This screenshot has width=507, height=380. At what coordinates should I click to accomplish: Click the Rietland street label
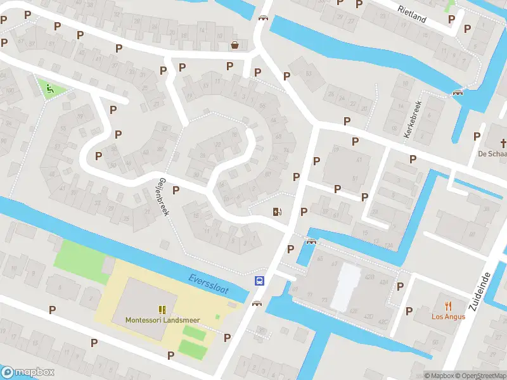[x=412, y=13]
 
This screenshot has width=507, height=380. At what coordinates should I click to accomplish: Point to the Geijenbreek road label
[x=164, y=196]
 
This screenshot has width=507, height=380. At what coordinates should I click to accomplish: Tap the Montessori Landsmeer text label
[x=162, y=320]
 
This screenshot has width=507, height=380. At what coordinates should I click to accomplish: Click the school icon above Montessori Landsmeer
[x=162, y=309]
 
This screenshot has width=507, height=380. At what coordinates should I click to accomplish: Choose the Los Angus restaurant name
[x=449, y=317]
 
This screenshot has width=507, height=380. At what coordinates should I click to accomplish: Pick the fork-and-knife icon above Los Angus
[x=449, y=305]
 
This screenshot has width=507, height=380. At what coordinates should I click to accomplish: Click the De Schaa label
[x=492, y=154]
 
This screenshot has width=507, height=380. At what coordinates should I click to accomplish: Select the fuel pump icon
[x=276, y=212]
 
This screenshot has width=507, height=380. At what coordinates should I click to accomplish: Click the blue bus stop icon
[x=259, y=281]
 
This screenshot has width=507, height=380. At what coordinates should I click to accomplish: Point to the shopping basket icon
[x=235, y=45]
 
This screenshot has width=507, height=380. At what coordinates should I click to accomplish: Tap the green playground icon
[x=48, y=88]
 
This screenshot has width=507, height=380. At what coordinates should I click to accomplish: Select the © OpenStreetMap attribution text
[x=481, y=376]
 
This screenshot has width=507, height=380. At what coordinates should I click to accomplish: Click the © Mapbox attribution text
[x=439, y=376]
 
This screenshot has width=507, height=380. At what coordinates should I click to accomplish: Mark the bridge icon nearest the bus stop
[x=257, y=303]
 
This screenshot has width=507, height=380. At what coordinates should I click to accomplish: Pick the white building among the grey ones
[x=346, y=286]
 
